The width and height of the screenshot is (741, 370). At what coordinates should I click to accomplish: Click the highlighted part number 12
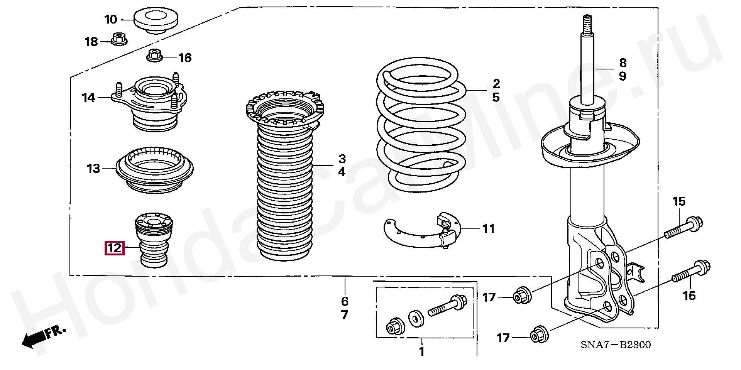point(114,248)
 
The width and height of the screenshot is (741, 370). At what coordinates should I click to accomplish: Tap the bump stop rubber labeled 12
point(154,242)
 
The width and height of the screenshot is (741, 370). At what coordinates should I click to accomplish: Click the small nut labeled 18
point(119,39)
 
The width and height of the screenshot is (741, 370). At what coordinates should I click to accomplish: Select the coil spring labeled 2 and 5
point(421,127)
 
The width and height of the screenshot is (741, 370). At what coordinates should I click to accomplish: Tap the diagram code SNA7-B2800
point(616,345)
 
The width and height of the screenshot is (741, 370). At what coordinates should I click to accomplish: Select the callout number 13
point(93,169)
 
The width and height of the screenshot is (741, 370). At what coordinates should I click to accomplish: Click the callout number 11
point(489,229)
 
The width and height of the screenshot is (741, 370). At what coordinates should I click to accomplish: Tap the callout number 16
point(185,58)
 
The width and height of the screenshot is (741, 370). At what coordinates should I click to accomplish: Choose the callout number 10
point(110,19)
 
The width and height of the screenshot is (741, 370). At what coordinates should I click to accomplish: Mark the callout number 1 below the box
point(421,351)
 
